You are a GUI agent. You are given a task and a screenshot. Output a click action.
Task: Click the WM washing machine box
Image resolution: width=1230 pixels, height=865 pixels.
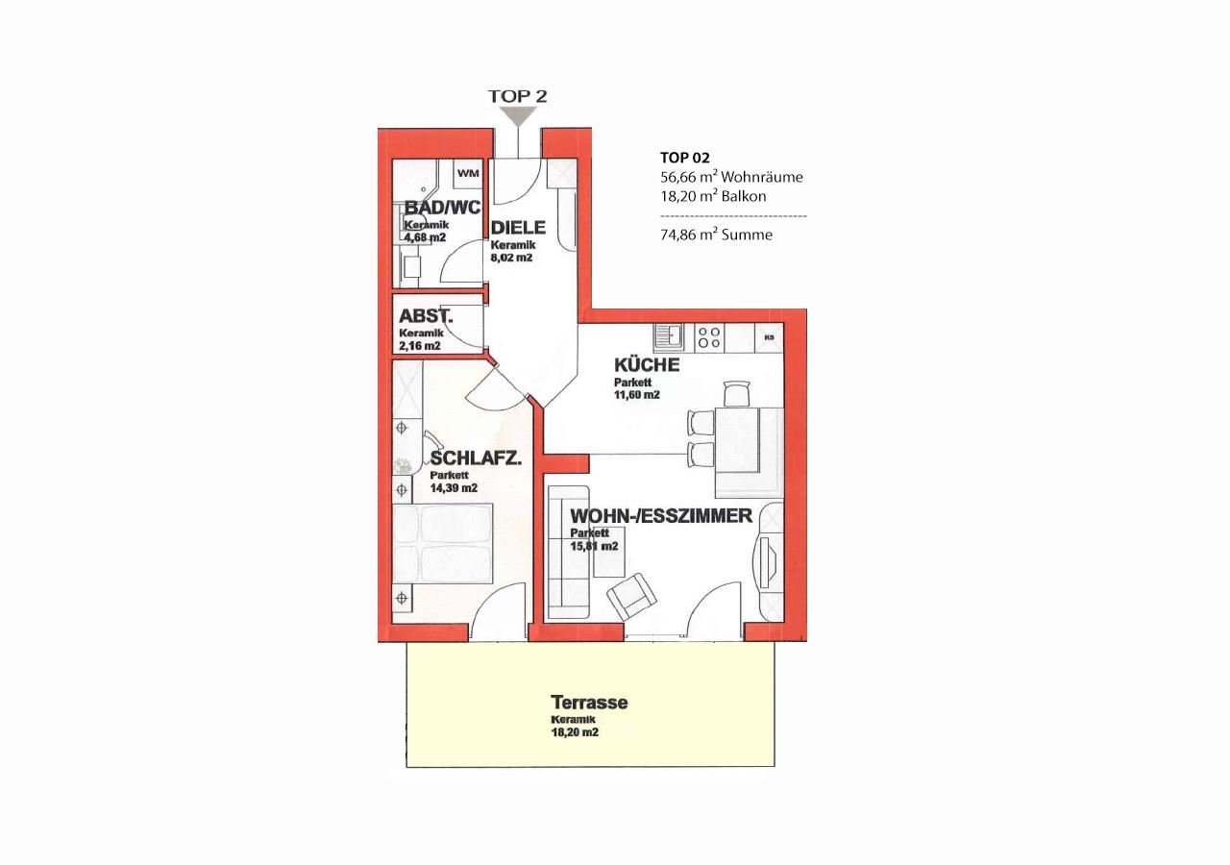468,173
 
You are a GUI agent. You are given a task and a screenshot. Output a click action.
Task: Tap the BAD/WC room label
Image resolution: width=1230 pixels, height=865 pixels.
442,208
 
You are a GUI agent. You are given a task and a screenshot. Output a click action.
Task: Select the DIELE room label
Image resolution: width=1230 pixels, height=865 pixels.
518,228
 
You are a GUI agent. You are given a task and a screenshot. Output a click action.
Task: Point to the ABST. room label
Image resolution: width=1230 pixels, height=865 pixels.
426,316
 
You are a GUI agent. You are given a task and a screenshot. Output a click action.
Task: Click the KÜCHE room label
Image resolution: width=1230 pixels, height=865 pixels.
647,364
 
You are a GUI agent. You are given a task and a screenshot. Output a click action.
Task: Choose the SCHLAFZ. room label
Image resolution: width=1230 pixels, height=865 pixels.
476,458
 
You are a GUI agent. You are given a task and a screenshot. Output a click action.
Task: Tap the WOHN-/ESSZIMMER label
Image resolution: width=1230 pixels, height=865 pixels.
661,516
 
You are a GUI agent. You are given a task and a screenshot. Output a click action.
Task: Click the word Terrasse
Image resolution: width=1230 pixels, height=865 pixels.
589,703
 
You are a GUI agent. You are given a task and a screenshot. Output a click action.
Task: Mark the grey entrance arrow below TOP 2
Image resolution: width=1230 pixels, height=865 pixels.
518,116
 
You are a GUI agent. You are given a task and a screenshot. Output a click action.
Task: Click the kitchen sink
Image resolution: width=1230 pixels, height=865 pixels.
669,337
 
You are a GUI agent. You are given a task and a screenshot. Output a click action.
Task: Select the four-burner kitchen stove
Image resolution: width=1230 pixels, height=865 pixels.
709,337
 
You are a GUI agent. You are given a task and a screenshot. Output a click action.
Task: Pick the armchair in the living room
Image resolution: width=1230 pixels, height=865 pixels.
631,596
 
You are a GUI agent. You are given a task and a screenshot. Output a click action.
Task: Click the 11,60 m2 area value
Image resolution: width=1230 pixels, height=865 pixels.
637,395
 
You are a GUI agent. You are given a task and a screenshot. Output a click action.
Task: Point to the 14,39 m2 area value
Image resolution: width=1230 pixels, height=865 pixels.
454,488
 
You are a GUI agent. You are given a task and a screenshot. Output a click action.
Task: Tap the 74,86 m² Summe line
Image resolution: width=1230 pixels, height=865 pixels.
716,235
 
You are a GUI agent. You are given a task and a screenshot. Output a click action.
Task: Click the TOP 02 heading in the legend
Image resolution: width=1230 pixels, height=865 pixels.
685,159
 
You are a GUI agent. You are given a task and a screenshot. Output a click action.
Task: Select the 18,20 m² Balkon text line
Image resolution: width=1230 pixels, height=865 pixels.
713,197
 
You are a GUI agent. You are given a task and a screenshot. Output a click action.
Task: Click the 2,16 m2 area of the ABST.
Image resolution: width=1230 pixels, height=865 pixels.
420,346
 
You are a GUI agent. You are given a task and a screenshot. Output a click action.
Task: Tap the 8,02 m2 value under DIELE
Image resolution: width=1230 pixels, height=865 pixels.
511,258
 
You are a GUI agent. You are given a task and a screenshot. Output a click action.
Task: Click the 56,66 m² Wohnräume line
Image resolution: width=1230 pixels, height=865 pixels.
731,177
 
